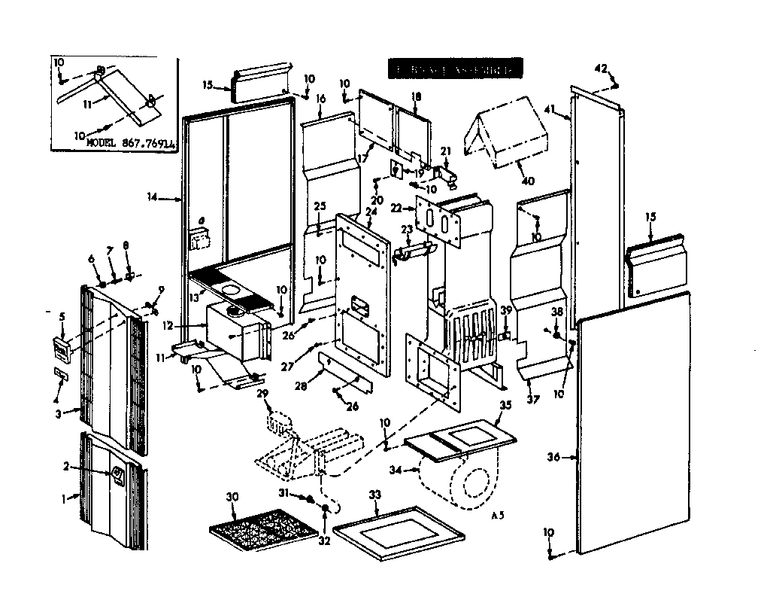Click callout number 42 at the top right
pos(600,69)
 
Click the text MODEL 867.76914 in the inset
pos(126,141)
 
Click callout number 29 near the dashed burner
pos(262,394)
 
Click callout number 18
pos(417,96)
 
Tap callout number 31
pos(284,492)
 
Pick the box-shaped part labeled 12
pos(237,330)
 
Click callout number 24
pos(369,212)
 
